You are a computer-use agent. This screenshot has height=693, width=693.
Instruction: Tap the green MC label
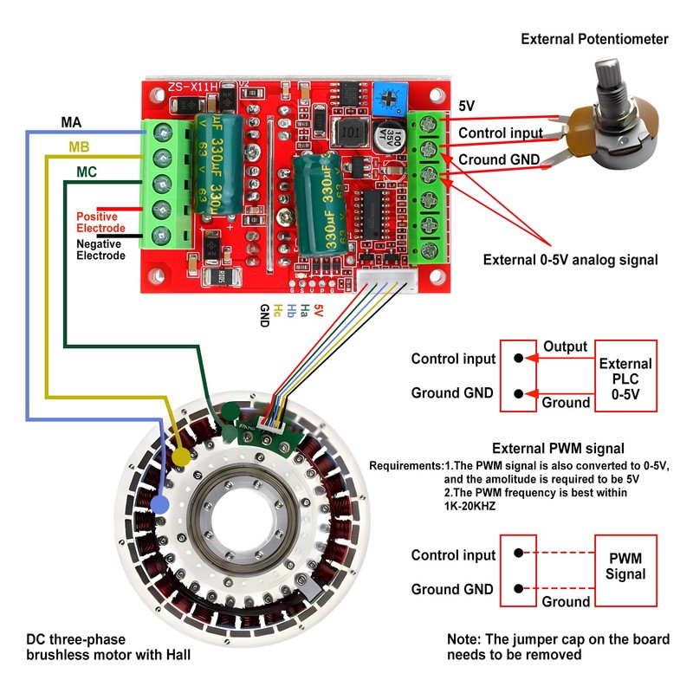click(x=87, y=172)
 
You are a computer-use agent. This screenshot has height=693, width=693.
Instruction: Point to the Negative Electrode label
click(x=100, y=249)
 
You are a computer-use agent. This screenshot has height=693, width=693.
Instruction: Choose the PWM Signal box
click(x=625, y=567)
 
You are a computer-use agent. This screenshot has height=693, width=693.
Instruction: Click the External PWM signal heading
click(x=558, y=449)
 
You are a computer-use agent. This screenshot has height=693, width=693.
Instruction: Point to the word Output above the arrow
click(x=565, y=346)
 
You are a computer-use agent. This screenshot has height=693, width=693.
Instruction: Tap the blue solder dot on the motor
click(x=159, y=503)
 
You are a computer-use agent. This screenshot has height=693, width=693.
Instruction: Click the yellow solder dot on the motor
click(x=181, y=457)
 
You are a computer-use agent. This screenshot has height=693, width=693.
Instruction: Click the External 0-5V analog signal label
click(x=569, y=259)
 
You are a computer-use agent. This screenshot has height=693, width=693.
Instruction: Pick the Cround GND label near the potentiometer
click(x=498, y=159)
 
